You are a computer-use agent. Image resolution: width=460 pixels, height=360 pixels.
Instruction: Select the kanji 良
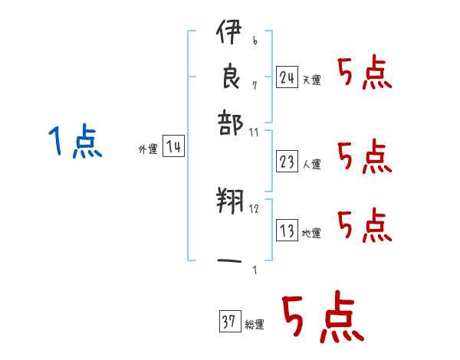(x=229, y=77)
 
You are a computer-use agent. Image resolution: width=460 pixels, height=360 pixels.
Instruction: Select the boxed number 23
(x=287, y=161)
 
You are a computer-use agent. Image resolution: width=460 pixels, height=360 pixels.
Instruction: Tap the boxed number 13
(x=287, y=231)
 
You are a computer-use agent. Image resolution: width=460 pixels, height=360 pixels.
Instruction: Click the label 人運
(x=311, y=164)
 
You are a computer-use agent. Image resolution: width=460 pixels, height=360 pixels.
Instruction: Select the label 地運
(x=311, y=234)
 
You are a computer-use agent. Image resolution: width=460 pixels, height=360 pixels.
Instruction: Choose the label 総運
(x=255, y=325)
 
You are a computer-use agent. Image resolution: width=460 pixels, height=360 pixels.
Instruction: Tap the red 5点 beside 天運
(x=364, y=74)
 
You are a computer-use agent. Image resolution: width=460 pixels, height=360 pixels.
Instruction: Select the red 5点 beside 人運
(x=364, y=158)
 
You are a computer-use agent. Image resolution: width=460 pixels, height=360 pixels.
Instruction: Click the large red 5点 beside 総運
(x=322, y=318)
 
